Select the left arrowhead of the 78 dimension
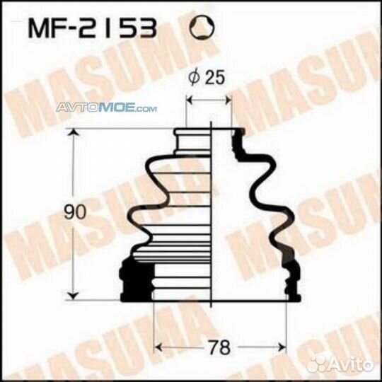pyautogui.click(x=158, y=347)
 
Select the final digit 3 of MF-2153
pyautogui.click(x=144, y=29)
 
